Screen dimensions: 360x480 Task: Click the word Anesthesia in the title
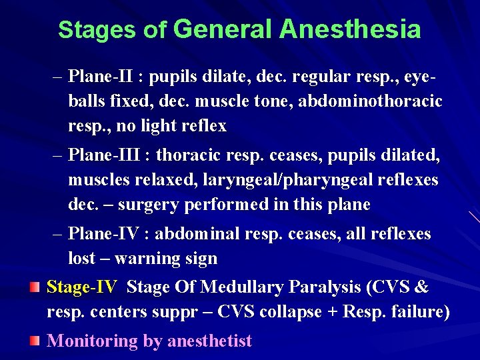click(351, 30)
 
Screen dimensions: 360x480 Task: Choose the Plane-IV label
click(107, 235)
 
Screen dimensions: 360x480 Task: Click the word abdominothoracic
click(370, 101)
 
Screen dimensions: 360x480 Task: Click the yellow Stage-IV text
click(81, 288)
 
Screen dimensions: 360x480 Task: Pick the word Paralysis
click(327, 288)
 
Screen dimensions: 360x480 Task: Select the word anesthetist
click(209, 341)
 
